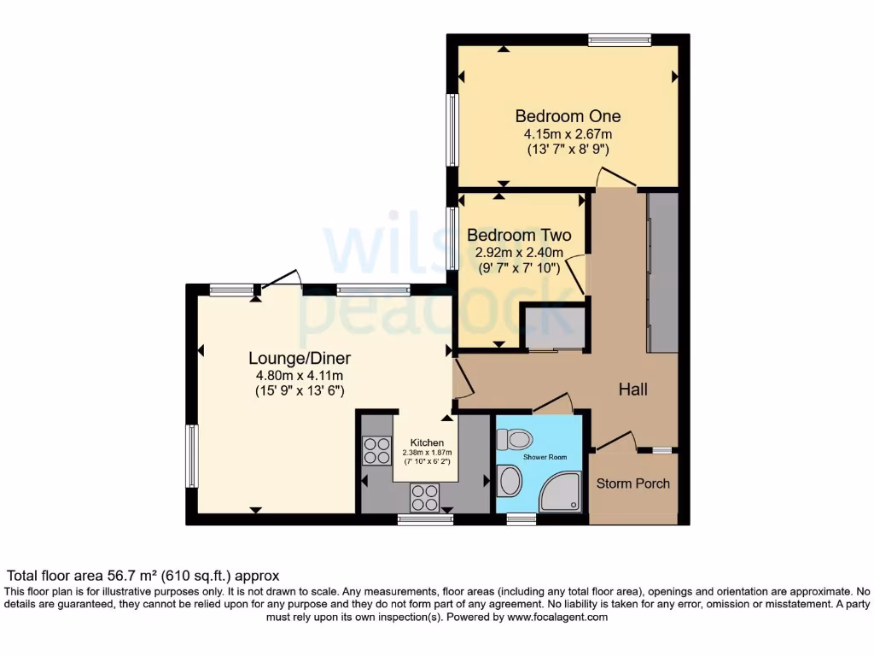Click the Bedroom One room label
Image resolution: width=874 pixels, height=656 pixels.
pos(568,116)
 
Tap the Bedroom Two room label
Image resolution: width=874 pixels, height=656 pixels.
pos(519,235)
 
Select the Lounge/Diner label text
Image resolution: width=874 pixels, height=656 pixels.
pos(300,358)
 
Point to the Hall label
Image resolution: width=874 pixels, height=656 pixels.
pos(632,389)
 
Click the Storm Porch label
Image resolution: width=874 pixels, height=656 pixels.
pos(632,483)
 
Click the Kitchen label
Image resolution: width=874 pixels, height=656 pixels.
pos(427,442)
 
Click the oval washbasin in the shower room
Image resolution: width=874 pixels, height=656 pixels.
pos(510,481)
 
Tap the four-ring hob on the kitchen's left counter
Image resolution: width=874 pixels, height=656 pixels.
pos(376,450)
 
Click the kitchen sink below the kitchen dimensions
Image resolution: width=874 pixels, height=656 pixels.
pos(426,495)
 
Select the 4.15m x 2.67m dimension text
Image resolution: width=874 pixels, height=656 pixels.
pos(568,134)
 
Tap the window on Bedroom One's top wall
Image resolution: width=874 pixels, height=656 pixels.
pos(620,39)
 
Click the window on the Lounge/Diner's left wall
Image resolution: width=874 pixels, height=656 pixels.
pos(192,456)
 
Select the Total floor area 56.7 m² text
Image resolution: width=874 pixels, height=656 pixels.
pos(143,576)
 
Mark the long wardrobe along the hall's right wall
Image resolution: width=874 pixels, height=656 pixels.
pos(662,272)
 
